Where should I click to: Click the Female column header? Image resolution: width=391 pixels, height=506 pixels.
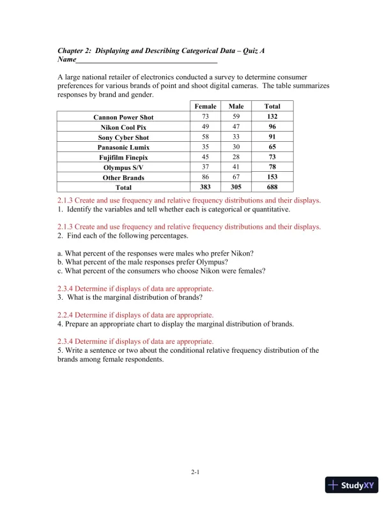pyautogui.click(x=206, y=106)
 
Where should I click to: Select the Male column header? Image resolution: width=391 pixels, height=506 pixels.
pyautogui.click(x=236, y=106)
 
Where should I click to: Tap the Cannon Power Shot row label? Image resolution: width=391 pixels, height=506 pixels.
pyautogui.click(x=123, y=118)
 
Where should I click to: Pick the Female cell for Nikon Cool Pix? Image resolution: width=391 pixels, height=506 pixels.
pyautogui.click(x=206, y=127)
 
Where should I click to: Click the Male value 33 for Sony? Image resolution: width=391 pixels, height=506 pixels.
pyautogui.click(x=236, y=137)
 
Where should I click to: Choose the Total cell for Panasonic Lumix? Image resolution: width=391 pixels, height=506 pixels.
pyautogui.click(x=272, y=147)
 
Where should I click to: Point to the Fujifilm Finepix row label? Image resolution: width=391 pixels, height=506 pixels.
pyautogui.click(x=123, y=157)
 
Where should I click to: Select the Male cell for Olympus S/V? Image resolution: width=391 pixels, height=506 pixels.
pyautogui.click(x=236, y=167)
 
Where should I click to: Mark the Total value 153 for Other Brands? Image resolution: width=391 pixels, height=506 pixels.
pyautogui.click(x=272, y=177)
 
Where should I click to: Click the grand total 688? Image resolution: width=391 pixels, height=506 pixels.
pyautogui.click(x=272, y=187)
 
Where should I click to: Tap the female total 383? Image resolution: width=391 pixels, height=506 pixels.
pyautogui.click(x=206, y=187)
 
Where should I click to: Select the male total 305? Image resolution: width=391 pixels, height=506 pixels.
pyautogui.click(x=236, y=187)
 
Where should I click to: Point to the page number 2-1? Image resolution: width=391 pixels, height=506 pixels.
pyautogui.click(x=195, y=472)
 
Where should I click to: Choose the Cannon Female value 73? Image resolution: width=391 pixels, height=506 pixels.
pyautogui.click(x=206, y=117)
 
